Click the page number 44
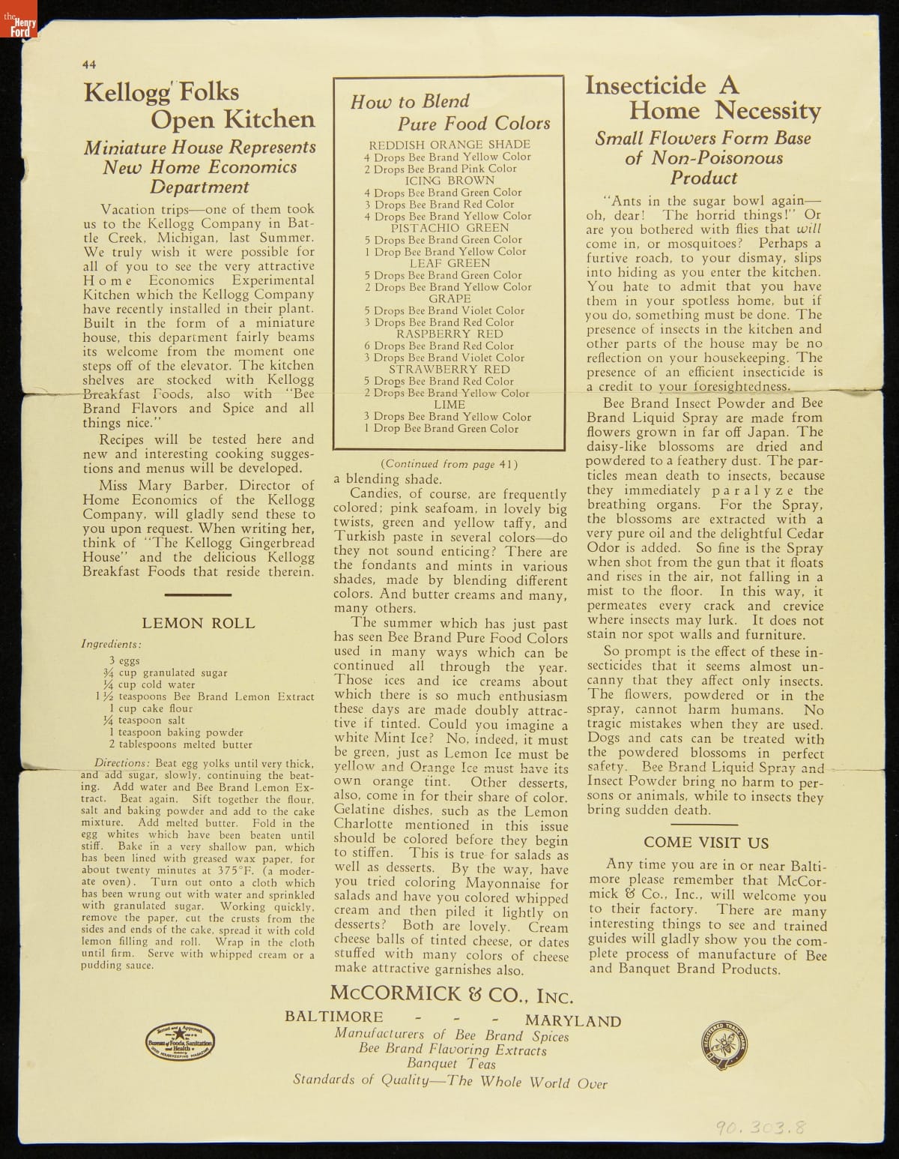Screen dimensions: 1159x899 coord(88,64)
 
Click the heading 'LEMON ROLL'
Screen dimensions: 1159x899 coord(198,623)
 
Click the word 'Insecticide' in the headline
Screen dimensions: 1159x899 coord(645,85)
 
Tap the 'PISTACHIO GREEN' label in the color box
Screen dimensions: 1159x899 coord(449,228)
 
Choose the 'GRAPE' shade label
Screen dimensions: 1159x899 coord(449,298)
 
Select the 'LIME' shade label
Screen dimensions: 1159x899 coord(449,405)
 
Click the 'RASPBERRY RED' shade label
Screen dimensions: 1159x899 coord(449,334)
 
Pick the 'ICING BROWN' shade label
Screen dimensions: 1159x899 coord(449,181)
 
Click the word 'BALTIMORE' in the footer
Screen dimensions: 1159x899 coord(333,1017)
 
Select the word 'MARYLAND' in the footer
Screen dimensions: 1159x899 coord(573,1021)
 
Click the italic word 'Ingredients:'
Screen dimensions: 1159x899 coord(111,644)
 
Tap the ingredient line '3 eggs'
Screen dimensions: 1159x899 coord(124,660)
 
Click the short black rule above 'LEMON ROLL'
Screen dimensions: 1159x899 coord(197,594)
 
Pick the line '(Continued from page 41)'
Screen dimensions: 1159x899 coord(449,464)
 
